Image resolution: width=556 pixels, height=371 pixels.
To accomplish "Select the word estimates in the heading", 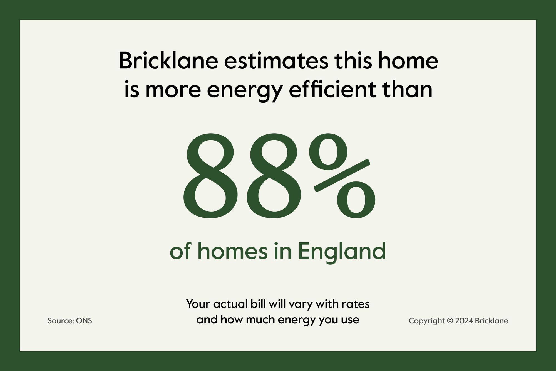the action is (276, 61).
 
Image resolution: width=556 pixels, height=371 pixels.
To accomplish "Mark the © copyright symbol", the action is (450, 321).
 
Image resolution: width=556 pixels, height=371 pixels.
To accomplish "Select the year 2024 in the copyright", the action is (464, 321).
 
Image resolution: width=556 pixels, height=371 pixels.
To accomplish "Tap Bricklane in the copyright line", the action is (492, 321).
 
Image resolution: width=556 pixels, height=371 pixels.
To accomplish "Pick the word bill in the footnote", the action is (257, 304).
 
